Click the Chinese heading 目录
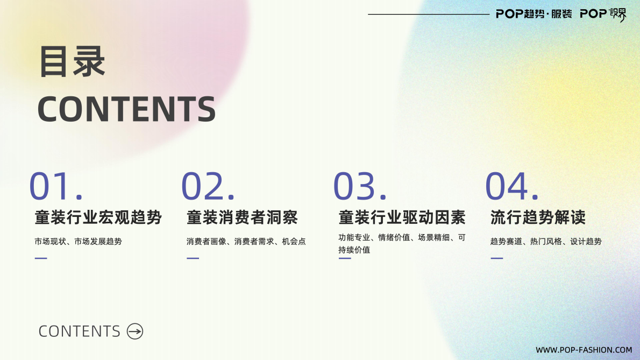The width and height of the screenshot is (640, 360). (x=72, y=62)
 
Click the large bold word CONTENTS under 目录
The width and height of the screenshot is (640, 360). (x=126, y=109)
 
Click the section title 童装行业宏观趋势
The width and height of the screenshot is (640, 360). (x=98, y=217)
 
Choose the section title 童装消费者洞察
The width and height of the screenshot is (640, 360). (x=242, y=217)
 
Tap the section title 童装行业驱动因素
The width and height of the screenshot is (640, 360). (x=402, y=217)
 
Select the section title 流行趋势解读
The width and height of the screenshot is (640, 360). (x=538, y=217)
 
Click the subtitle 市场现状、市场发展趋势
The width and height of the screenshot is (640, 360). (x=78, y=242)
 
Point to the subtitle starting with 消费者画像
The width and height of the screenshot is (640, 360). (x=246, y=242)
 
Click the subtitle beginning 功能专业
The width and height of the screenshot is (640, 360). (x=402, y=243)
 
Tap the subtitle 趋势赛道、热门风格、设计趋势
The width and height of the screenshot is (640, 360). (x=546, y=242)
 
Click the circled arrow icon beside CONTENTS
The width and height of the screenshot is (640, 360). (x=135, y=331)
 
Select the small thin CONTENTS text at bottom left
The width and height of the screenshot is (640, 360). (x=79, y=331)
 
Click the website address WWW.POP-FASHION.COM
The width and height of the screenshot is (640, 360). (x=584, y=350)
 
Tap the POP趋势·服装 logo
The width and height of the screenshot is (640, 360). (x=534, y=14)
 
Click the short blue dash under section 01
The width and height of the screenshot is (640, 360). (x=41, y=258)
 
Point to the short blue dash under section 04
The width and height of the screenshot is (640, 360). (x=497, y=258)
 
